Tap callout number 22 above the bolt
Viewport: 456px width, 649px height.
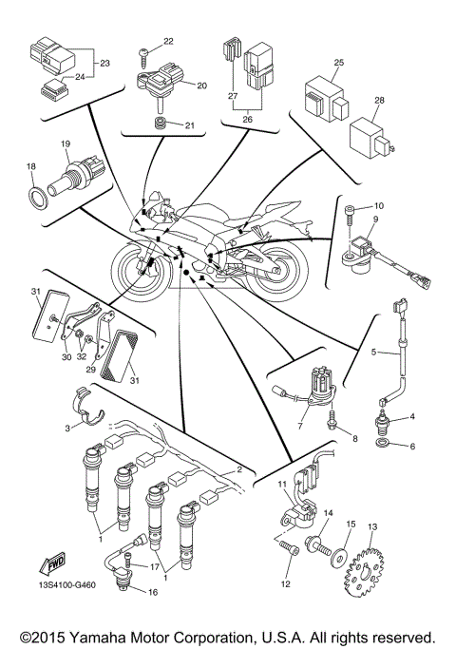coord(169,41)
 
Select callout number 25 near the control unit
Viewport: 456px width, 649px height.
coord(337,63)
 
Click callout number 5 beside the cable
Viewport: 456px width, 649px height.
coord(373,353)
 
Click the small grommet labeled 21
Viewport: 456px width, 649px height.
coord(162,124)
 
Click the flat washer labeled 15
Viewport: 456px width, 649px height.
coord(338,553)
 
